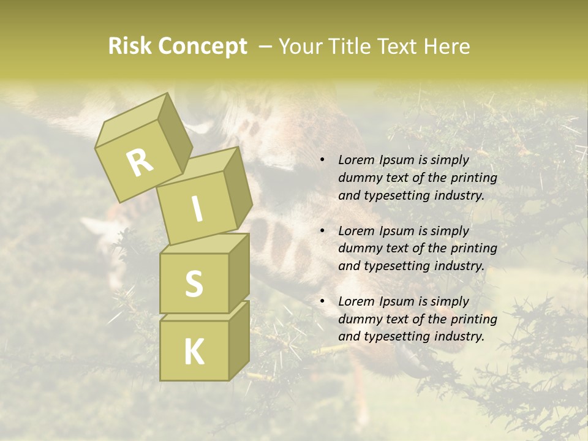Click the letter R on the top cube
(x=140, y=162)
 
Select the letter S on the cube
(x=194, y=284)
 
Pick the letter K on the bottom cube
(x=194, y=352)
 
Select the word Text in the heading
(x=399, y=46)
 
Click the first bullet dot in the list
(x=322, y=160)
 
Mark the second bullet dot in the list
(x=322, y=231)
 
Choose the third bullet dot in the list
(x=322, y=301)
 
